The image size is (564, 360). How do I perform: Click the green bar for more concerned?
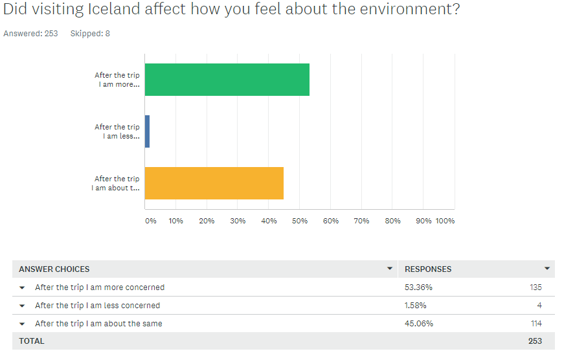coord(227,80)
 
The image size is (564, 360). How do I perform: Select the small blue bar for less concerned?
coord(147,131)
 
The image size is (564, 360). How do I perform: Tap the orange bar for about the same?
coord(214,183)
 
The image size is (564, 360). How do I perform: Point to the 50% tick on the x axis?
coord(300,221)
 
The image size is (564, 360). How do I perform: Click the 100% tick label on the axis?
coord(445,221)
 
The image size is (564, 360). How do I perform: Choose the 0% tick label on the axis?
coord(151,221)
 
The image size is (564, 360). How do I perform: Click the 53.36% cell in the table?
coord(418,287)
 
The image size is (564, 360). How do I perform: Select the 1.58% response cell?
coord(416,306)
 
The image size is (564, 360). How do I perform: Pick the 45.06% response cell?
coord(419,324)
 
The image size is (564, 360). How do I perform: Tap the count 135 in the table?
coord(535,287)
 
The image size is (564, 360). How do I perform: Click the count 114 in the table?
coord(535,324)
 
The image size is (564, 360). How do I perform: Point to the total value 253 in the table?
coord(535,341)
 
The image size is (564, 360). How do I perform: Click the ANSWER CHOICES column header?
coord(54,269)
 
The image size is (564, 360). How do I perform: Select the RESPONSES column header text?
coord(428,269)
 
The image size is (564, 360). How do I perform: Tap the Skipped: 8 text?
coord(90,34)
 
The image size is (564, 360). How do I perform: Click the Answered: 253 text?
coord(30,34)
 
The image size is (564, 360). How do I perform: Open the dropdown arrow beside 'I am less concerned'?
coord(22,306)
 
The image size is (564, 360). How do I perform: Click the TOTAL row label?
coord(32,341)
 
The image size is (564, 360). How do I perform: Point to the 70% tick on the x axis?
coord(362,221)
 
